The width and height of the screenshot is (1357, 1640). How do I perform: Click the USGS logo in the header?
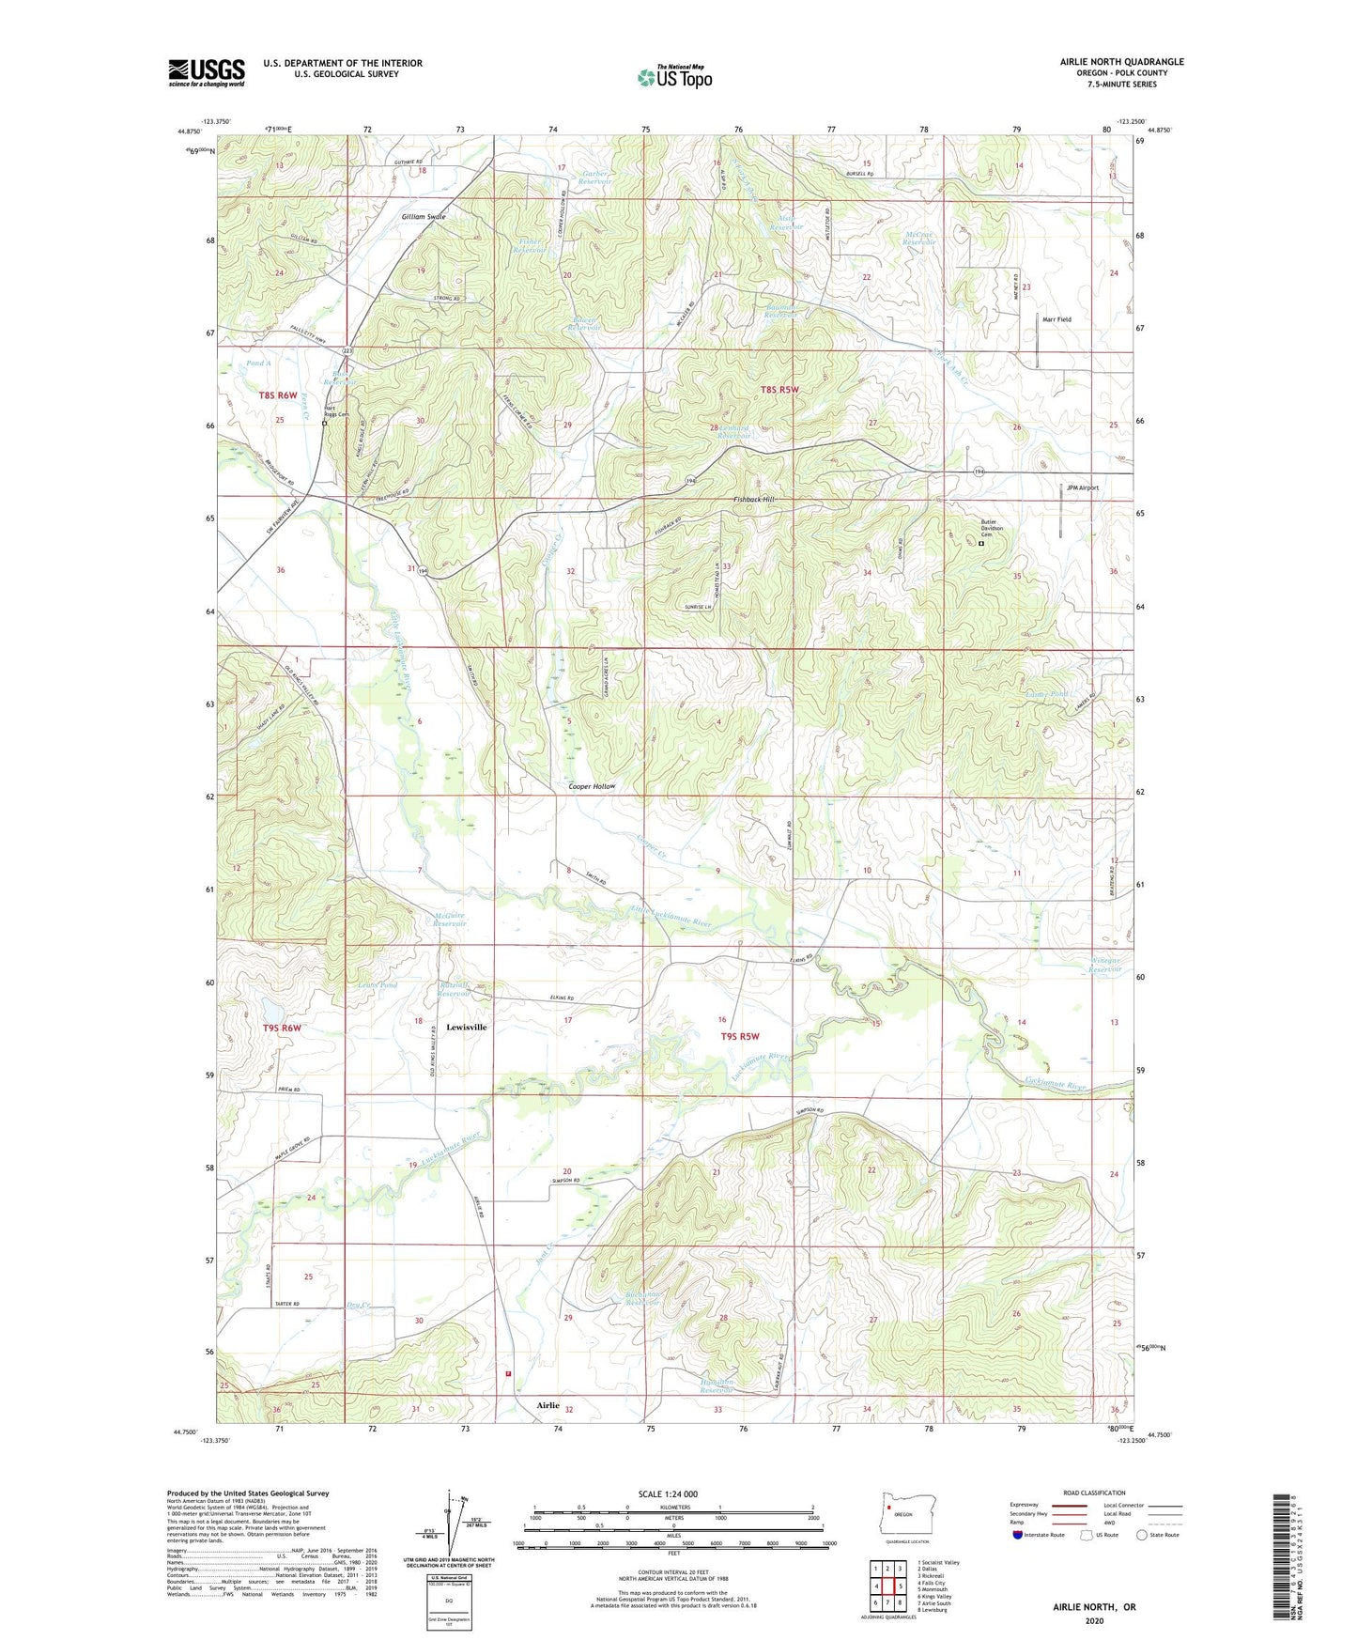207,71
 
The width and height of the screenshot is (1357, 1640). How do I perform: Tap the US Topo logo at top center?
674,77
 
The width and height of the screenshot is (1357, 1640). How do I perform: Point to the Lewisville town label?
466,1028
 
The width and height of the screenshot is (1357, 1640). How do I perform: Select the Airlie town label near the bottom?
547,1406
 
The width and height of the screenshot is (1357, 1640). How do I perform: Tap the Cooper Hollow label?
592,786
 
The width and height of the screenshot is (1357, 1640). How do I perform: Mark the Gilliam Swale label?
424,216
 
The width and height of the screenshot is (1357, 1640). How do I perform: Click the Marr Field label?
1056,319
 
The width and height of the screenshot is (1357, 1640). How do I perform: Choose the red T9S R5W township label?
739,1037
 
